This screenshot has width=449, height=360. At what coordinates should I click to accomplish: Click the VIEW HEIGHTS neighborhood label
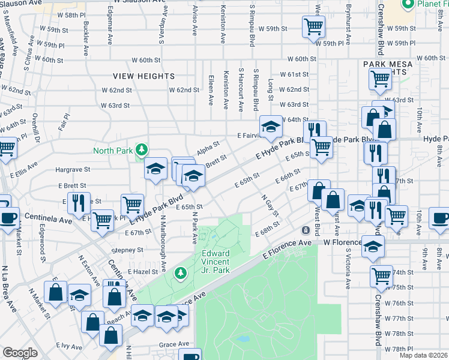(145, 76)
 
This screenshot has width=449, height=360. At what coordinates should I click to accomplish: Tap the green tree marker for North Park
(142, 149)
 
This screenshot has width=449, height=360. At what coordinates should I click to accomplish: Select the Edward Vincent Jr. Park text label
(215, 262)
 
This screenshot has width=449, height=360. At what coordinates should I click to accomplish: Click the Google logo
(20, 353)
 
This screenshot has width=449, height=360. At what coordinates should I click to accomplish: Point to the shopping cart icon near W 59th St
(314, 26)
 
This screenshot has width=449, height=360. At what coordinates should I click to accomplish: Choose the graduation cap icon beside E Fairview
(271, 126)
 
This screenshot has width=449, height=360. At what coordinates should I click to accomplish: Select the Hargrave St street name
(72, 170)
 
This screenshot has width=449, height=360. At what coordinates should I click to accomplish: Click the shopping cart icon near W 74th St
(382, 275)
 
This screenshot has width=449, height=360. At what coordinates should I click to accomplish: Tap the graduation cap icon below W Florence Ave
(373, 247)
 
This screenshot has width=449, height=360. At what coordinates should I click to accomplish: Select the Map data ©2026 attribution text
(423, 355)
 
